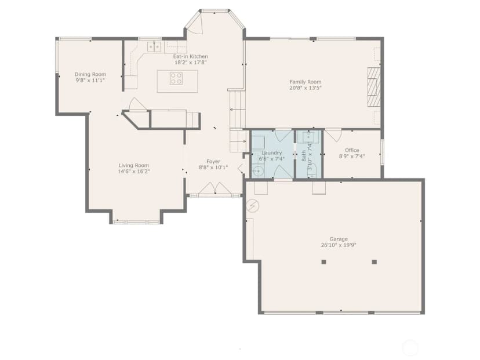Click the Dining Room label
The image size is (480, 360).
pos(90,74)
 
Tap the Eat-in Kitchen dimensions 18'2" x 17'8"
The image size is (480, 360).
pos(191,63)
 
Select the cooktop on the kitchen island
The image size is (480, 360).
pos(176,78)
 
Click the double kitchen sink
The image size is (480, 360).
pos(154,47)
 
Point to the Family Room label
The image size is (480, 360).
pos(306,82)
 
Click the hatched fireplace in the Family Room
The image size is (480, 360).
pos(374,87)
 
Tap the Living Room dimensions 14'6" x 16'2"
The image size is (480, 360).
pos(134,172)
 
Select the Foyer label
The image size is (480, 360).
pos(213,161)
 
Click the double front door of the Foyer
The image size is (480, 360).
pos(214,188)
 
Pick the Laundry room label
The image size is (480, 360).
pos(271,153)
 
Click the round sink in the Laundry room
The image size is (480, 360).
pos(258,171)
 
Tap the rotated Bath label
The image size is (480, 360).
pos(304,155)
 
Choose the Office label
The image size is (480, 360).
pos(352,150)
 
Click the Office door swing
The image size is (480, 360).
pos(334,135)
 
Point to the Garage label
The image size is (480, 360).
pos(339,239)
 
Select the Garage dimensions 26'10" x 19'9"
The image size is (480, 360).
pos(339,245)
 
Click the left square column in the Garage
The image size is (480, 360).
pos(323,262)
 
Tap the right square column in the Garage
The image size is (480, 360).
pos(374,262)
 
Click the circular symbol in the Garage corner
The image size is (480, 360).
pos(253,206)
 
